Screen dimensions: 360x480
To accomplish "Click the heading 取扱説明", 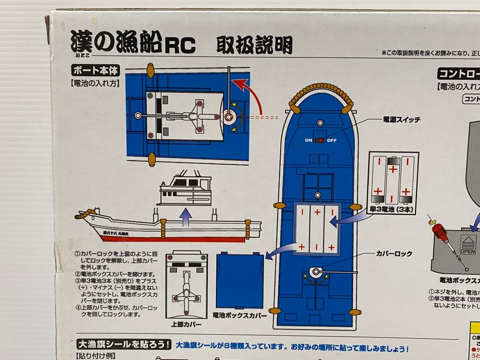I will [x=254, y=45].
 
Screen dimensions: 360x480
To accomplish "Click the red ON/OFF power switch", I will [x=320, y=140].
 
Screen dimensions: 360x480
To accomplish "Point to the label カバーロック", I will [x=394, y=254].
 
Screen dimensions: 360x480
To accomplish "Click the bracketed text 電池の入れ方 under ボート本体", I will [x=95, y=83].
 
